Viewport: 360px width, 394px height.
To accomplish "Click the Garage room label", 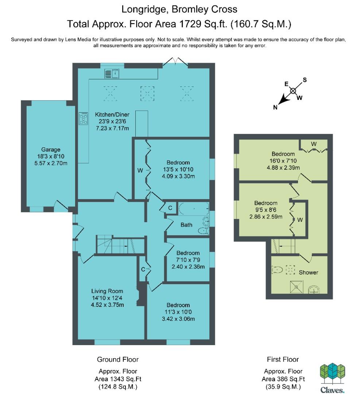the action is point(51,150).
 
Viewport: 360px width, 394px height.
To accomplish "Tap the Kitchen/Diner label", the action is point(112,115).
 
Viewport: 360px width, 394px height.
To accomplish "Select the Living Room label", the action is point(107,291).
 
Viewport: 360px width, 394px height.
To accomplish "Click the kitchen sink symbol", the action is point(112,74).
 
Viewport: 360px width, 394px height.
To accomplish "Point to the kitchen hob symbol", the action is point(84,118).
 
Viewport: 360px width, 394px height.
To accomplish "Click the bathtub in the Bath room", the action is point(194,209).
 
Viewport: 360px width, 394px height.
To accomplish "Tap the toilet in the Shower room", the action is point(277,270).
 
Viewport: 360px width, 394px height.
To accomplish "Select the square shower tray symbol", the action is point(297,287).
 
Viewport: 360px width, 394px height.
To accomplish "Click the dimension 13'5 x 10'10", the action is point(178,169).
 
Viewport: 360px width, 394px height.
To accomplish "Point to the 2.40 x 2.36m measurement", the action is point(188,267).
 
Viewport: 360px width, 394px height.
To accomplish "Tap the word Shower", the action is point(309,273).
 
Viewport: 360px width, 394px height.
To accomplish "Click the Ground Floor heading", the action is point(118,359).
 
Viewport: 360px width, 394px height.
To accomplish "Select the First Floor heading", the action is point(283,359).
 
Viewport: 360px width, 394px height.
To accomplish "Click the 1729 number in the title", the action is point(190,24).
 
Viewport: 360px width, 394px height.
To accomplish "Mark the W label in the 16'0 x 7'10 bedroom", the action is point(314,144).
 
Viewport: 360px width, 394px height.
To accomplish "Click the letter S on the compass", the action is point(305,80).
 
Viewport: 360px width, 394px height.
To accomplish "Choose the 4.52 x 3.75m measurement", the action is point(107,305).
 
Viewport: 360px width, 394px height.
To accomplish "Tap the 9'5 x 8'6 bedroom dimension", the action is point(266,210).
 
